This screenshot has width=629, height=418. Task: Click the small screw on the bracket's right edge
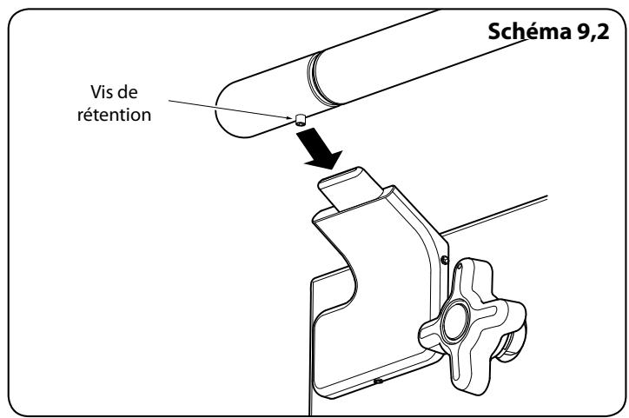coord(445,259)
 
